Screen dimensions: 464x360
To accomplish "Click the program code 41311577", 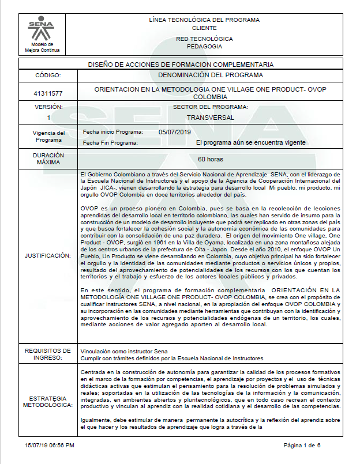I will point(48,93).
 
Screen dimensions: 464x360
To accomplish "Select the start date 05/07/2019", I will point(174,131).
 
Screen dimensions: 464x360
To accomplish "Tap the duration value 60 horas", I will point(210,159).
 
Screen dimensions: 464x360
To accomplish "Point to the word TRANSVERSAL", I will point(210,117).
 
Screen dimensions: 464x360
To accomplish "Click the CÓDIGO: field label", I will point(48,75).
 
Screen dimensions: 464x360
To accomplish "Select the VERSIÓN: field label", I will point(48,107).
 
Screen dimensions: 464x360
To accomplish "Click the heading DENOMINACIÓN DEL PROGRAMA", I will point(210,75).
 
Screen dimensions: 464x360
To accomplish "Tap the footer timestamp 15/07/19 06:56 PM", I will point(49,446).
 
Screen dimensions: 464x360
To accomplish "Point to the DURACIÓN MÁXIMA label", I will point(48,159).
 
